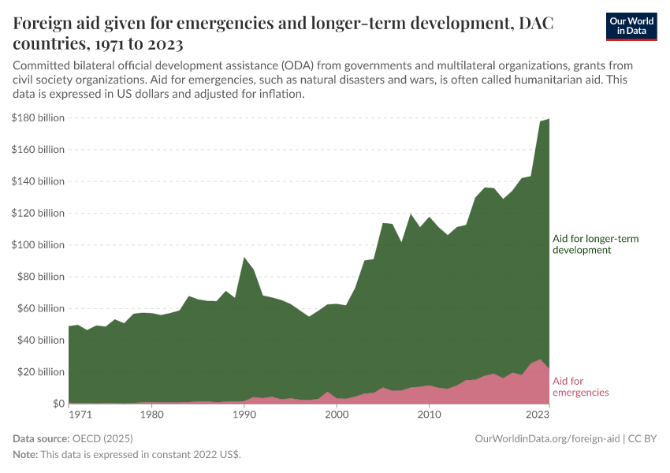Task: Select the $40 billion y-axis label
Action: (40, 340)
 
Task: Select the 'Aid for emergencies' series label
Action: (580, 386)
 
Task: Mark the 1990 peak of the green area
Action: (244, 258)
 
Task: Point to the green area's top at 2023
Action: (548, 119)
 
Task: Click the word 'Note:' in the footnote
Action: (27, 455)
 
